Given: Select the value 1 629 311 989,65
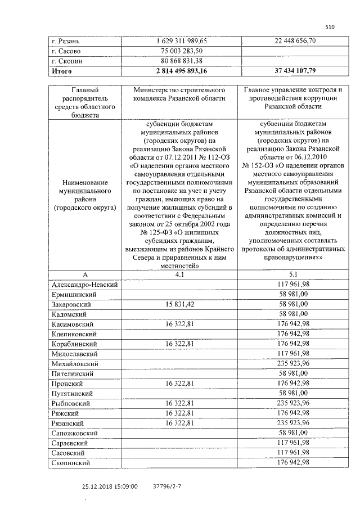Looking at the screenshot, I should (x=181, y=41).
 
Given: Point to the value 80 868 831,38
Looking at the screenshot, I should (x=181, y=61).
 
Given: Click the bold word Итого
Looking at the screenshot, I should (x=61, y=71).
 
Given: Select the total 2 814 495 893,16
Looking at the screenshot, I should (x=181, y=71).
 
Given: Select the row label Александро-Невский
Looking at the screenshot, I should (x=84, y=285).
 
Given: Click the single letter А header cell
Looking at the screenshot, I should (x=85, y=275).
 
